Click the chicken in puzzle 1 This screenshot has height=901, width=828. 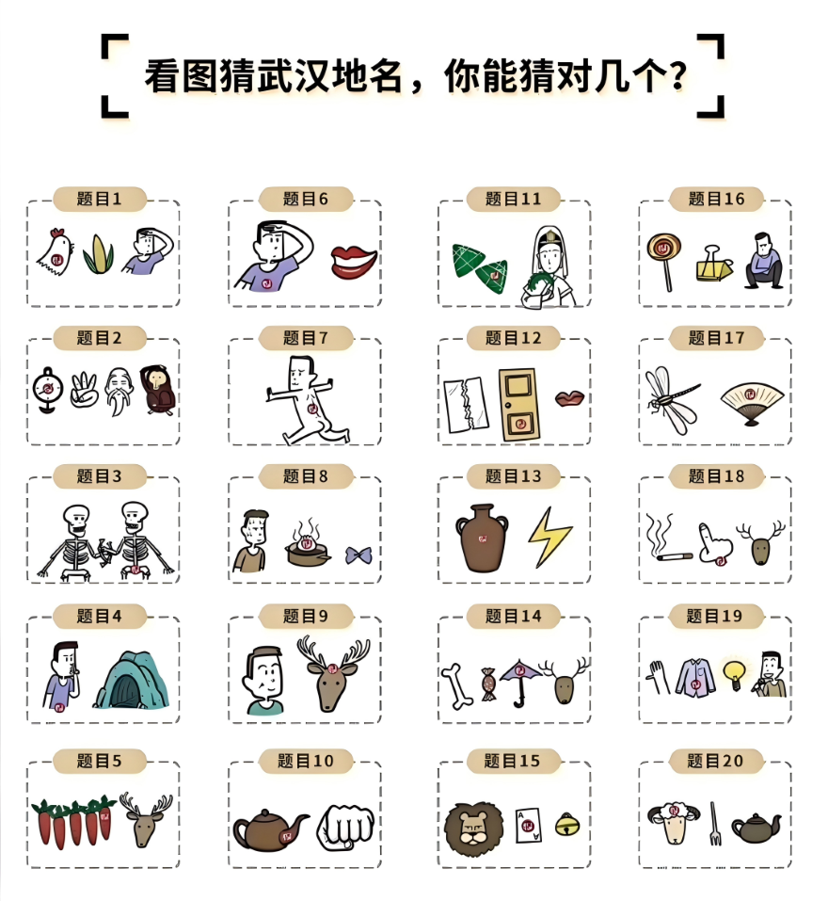click(56, 253)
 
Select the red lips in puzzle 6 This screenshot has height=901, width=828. click(354, 262)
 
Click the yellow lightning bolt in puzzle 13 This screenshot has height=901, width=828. click(549, 537)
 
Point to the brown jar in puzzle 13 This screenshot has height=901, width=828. click(482, 538)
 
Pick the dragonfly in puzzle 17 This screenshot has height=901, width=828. click(672, 398)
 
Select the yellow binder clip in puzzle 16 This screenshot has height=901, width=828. click(713, 265)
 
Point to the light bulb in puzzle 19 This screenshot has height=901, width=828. click(734, 676)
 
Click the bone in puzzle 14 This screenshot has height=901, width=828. click(457, 686)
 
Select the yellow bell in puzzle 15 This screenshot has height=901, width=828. click(567, 825)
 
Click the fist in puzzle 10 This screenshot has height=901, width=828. click(345, 827)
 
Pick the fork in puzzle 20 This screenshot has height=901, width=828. click(714, 824)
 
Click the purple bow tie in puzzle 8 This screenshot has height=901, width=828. click(358, 555)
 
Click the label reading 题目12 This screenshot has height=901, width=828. click(514, 338)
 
